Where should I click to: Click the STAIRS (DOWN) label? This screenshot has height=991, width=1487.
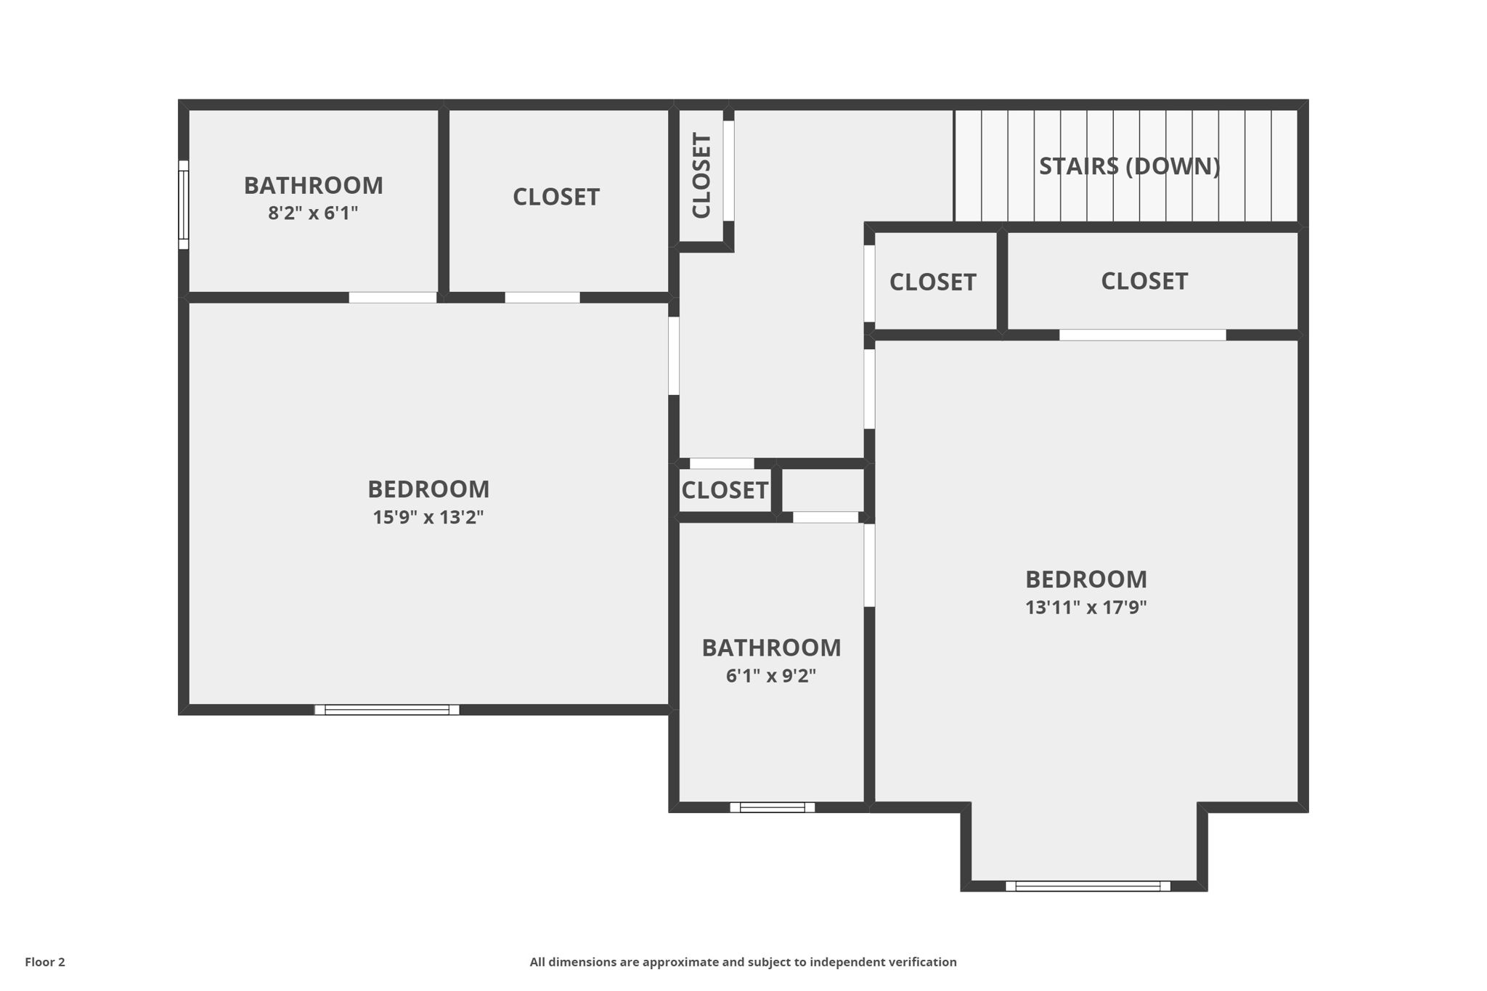point(1129,166)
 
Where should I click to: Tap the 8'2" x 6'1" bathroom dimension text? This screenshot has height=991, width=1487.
point(313,213)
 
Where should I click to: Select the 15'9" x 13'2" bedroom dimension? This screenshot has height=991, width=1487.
point(428,518)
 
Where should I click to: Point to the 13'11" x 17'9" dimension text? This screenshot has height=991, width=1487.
point(1085,608)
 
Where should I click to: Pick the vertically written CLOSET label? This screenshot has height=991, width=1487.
point(701,175)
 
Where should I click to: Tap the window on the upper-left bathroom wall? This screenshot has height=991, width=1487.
point(184,205)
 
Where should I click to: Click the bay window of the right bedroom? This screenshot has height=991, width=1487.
point(1088,886)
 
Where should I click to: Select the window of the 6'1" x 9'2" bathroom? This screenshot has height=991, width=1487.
point(772,807)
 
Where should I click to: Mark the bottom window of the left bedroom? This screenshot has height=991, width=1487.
point(387,710)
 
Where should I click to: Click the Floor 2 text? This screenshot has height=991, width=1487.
point(45,962)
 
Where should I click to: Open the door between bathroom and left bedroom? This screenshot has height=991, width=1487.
point(393,298)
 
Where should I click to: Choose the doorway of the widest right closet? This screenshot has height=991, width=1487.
point(1142,335)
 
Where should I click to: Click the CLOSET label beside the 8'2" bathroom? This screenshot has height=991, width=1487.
point(556,197)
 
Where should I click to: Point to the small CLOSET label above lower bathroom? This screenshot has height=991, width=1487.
point(725,491)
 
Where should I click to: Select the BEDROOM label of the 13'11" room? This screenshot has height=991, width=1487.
point(1085,579)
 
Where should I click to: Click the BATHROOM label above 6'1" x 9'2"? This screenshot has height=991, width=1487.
point(771,648)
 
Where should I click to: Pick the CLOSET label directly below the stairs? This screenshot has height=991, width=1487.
point(1144,281)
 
